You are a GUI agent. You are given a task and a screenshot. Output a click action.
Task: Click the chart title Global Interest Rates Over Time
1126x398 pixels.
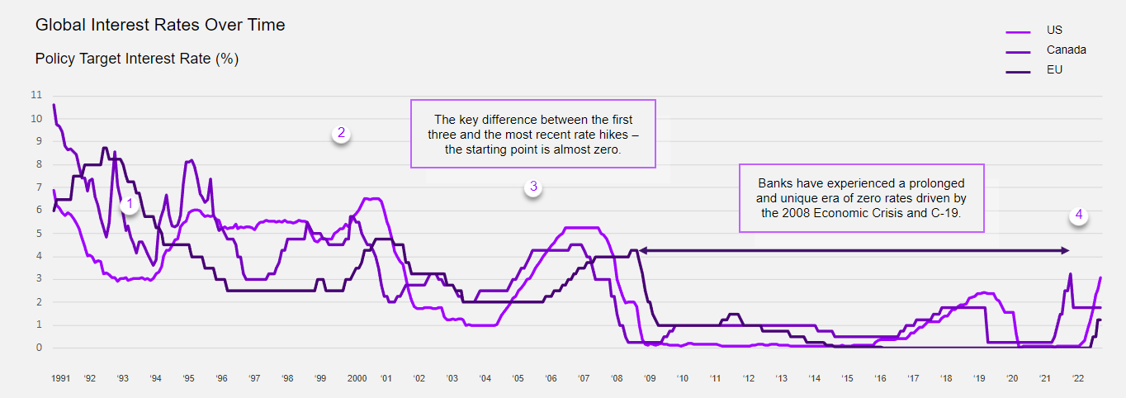click(x=160, y=26)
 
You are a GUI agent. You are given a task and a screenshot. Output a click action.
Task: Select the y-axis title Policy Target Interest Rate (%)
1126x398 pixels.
click(x=137, y=59)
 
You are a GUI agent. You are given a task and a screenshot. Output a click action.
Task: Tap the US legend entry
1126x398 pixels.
click(x=1054, y=31)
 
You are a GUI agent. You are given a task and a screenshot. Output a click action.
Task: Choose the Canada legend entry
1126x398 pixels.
click(x=1066, y=50)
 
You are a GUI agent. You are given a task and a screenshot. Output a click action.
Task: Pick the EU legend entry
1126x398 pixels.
click(x=1054, y=70)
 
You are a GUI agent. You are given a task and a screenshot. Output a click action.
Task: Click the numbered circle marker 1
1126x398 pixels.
click(x=128, y=204)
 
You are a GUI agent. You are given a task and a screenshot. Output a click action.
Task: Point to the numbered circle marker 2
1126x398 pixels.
click(x=341, y=134)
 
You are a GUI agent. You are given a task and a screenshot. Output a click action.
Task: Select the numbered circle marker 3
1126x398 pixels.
click(x=533, y=187)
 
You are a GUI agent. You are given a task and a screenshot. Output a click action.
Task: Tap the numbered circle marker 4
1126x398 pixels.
click(x=1077, y=216)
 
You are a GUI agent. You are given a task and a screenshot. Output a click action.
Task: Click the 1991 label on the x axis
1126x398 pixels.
click(x=60, y=378)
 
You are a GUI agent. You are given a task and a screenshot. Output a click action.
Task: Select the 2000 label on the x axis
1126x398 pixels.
click(x=357, y=378)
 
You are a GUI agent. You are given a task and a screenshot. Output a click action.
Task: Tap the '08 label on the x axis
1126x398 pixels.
click(x=617, y=378)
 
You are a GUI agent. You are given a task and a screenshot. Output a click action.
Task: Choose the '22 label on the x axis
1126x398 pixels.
click(x=1077, y=378)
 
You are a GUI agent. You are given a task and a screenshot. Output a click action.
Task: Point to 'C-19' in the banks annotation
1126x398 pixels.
click(x=947, y=212)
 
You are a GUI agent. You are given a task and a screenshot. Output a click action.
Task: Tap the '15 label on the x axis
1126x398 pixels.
click(x=847, y=378)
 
